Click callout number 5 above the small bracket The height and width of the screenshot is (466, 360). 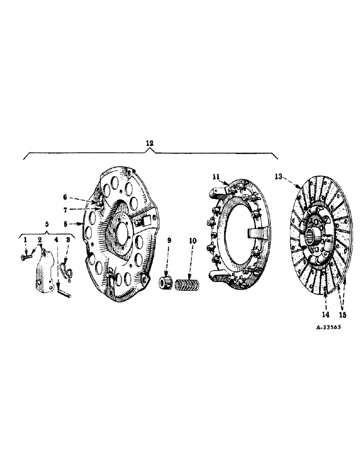pos(47,224)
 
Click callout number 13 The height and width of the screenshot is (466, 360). pos(278,176)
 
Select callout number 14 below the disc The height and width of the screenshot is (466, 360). pos(325,314)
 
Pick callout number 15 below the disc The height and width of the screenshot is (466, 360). pos(344,314)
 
